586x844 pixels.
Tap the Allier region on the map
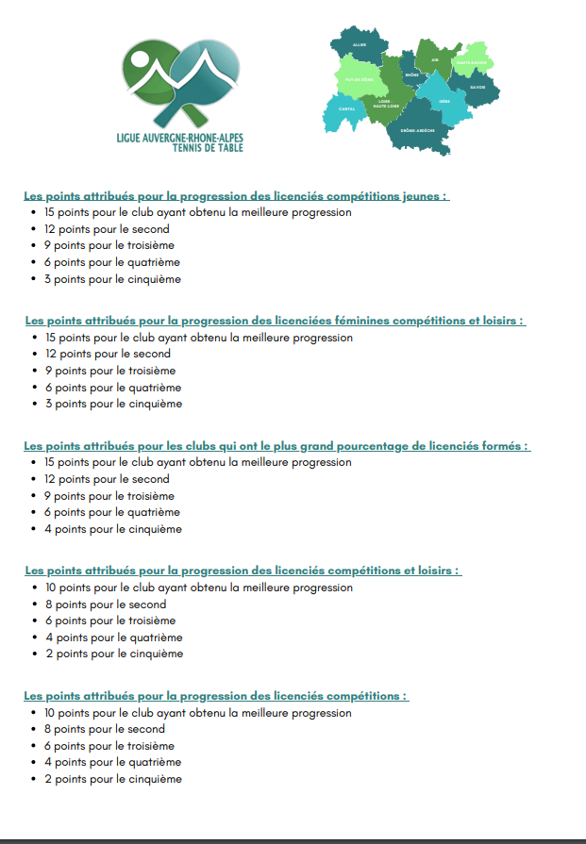(x=360, y=44)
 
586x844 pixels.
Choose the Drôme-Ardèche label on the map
(x=417, y=130)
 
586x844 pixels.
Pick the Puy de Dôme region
(x=360, y=79)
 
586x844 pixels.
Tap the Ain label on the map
(x=435, y=59)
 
